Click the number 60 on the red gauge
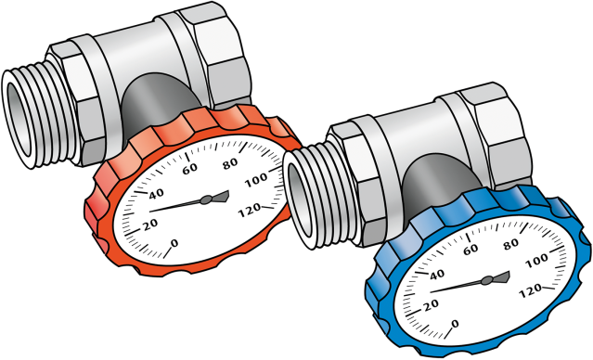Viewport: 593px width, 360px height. (190, 168)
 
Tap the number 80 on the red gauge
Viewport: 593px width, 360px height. (230, 163)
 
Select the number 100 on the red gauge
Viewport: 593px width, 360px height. (256, 180)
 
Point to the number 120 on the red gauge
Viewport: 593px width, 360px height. (250, 210)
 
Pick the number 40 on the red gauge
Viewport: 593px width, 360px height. (156, 194)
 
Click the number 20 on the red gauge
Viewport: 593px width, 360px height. (150, 225)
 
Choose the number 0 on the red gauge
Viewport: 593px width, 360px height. (174, 243)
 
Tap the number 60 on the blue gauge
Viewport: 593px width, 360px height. (471, 249)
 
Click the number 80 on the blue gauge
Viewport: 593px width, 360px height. (511, 244)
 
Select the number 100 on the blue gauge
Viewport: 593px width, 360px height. (537, 262)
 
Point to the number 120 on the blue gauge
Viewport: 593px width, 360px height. (531, 290)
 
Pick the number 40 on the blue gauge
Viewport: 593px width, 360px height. (437, 275)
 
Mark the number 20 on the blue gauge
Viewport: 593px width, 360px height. (432, 305)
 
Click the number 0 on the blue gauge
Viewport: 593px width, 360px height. (455, 324)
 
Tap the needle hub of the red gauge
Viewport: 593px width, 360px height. (206, 199)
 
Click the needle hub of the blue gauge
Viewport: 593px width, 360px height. (487, 280)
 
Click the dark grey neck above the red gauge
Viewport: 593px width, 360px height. (158, 100)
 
